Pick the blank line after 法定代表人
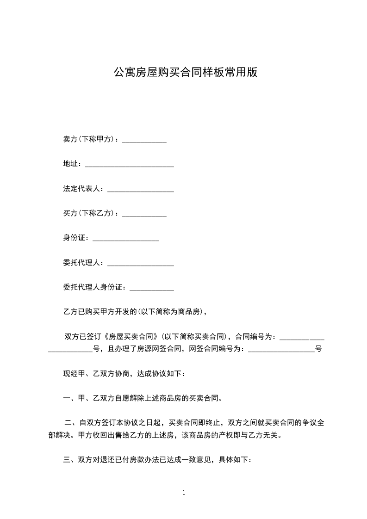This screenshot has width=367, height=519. click(140, 191)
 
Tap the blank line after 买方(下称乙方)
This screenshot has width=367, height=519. click(144, 216)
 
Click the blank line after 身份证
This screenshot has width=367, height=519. click(126, 240)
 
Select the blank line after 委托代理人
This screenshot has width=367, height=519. click(140, 265)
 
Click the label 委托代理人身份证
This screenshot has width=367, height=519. click(94, 288)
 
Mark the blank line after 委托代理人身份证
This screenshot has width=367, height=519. click(151, 290)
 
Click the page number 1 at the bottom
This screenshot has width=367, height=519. click(184, 493)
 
